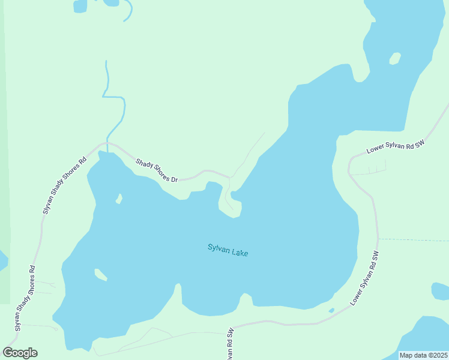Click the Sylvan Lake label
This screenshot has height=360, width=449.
(x=228, y=250)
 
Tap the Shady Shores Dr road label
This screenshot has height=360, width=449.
(x=157, y=171)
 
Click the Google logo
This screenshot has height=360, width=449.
(x=20, y=353)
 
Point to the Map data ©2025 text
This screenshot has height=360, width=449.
(x=423, y=355)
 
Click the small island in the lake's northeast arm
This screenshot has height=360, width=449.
(x=394, y=58)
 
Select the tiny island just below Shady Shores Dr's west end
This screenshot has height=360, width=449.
(x=119, y=198)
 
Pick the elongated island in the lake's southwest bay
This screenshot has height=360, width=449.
(x=100, y=274)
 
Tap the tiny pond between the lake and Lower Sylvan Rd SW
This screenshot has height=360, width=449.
(x=331, y=310)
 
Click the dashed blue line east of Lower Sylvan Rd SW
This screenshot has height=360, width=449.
(x=414, y=240)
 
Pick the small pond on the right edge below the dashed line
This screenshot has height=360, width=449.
(x=440, y=291)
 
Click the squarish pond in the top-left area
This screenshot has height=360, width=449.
(x=80, y=6)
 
